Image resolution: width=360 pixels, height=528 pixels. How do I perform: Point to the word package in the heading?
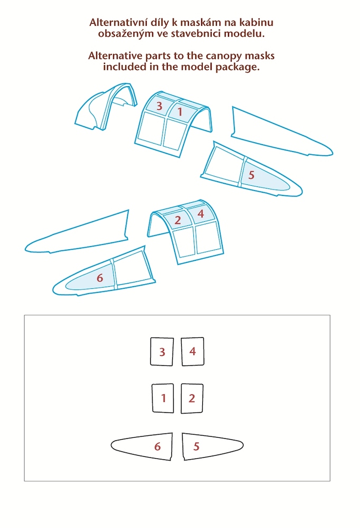238,67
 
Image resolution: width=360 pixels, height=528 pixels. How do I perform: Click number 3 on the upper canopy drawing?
159,106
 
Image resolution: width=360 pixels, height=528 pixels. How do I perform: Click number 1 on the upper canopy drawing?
180,111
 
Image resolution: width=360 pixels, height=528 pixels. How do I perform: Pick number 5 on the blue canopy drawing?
251,175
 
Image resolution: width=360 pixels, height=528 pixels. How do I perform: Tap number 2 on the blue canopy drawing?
177,220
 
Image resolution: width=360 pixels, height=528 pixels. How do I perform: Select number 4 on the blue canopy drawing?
201,213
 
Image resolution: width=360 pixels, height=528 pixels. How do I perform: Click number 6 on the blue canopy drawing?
100,278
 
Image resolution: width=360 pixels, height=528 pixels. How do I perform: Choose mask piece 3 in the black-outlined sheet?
162,351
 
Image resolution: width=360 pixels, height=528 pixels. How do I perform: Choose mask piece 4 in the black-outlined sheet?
193,351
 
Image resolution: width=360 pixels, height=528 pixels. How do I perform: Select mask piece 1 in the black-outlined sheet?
163,398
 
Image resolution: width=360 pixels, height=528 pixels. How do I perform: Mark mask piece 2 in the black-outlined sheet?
192,398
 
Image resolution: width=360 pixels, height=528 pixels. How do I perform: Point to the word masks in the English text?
260,56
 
